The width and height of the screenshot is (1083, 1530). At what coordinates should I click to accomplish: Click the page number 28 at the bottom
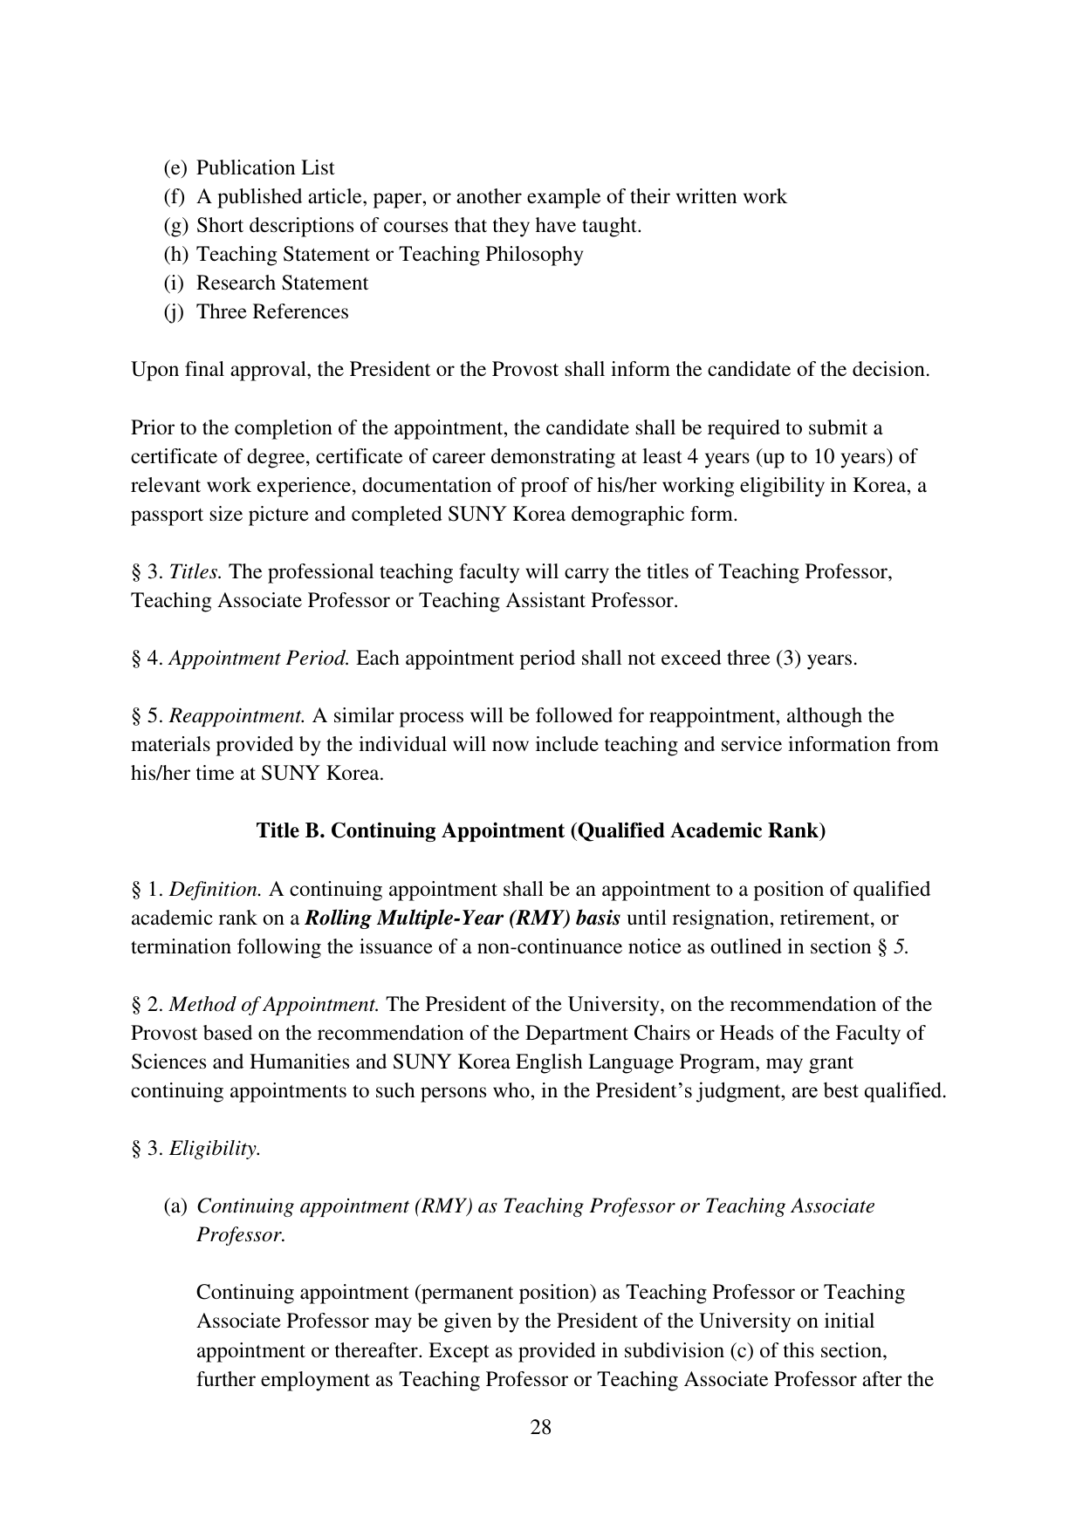(540, 1428)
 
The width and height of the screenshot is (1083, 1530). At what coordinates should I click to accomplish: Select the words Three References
(272, 312)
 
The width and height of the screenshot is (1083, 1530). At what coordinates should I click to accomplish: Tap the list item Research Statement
(282, 283)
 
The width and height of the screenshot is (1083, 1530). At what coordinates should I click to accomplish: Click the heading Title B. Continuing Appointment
(540, 831)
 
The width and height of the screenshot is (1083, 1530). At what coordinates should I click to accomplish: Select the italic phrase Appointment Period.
(259, 659)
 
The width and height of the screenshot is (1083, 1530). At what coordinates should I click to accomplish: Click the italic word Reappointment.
(236, 716)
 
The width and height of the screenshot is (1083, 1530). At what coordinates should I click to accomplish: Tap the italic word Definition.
(216, 890)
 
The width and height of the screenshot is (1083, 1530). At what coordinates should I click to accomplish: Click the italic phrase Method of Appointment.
(274, 1005)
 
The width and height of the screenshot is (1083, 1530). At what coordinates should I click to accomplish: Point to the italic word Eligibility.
(215, 1149)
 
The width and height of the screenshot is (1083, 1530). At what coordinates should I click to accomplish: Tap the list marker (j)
(175, 312)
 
